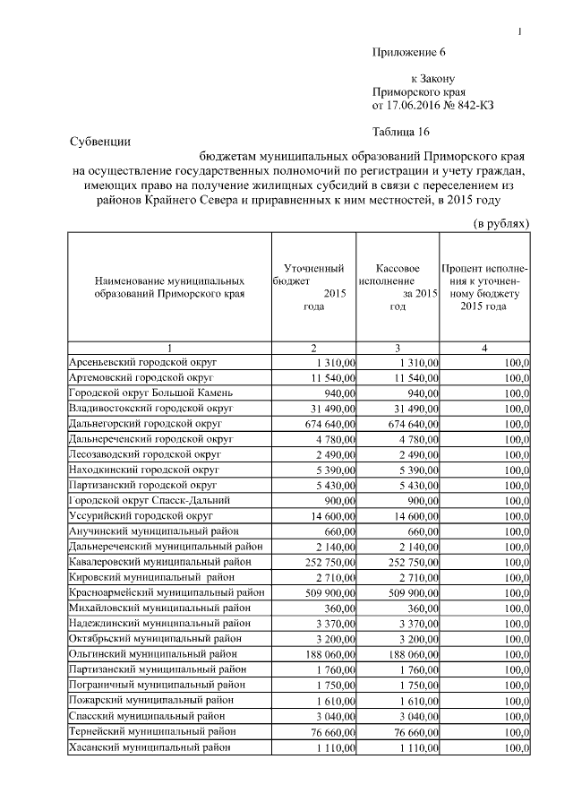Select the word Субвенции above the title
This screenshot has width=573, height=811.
point(100,141)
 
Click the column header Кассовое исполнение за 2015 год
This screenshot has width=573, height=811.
point(398,287)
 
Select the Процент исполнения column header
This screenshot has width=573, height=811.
point(484,287)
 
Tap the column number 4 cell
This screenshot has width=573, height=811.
point(484,348)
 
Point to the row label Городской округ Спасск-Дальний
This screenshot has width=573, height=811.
point(150,500)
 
